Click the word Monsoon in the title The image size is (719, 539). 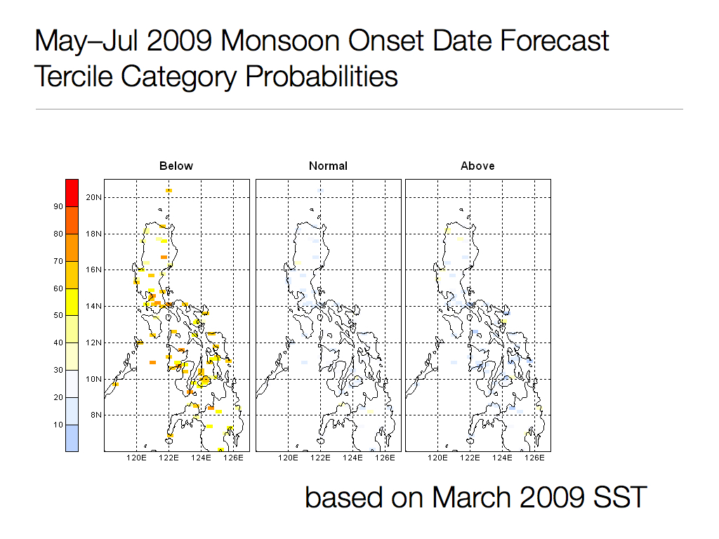pos(268,41)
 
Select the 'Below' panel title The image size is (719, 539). pos(176,166)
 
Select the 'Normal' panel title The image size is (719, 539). pos(328,166)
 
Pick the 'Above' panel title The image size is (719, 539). pos(477,166)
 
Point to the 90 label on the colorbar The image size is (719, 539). pos(57,206)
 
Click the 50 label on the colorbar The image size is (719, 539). pos(57,316)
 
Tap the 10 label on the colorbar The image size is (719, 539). pos(57,425)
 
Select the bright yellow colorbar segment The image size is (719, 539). pos(72,302)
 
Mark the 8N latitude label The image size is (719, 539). pos(96,415)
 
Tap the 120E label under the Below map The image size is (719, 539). pos(136,458)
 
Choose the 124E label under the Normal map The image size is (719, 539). pos(352,458)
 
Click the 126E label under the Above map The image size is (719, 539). pos(535,458)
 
